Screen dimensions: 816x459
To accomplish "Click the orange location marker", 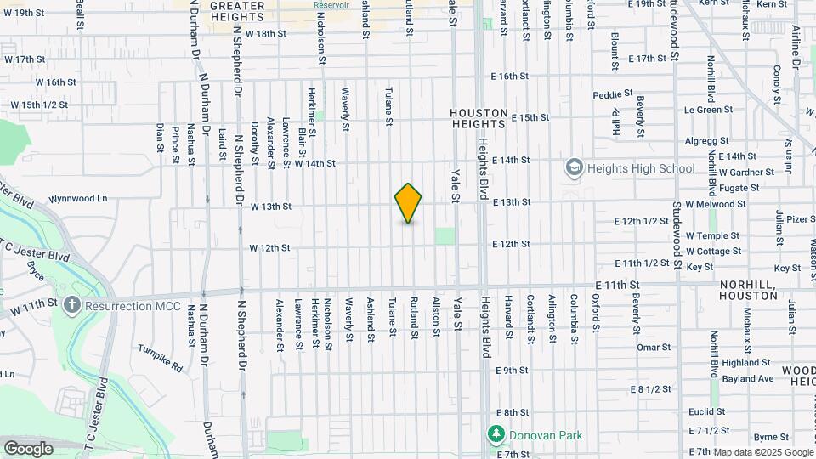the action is pyautogui.click(x=409, y=203).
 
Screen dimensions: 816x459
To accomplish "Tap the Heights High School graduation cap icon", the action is pyautogui.click(x=574, y=167).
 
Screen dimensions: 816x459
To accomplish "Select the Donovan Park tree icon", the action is pyautogui.click(x=496, y=435).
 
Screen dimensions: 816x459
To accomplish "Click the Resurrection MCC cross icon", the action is pyautogui.click(x=73, y=305).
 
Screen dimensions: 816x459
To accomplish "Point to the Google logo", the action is pyautogui.click(x=28, y=448).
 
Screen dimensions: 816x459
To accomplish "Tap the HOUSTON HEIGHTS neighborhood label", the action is pyautogui.click(x=479, y=118).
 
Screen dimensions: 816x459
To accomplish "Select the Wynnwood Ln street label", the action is pyautogui.click(x=78, y=198).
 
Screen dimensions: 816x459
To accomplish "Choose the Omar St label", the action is pyautogui.click(x=654, y=347).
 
